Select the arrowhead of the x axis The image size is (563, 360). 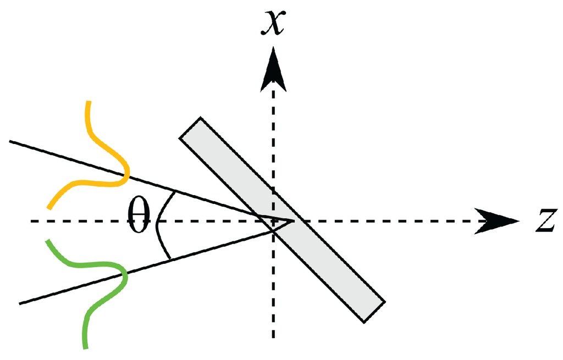(x=273, y=69)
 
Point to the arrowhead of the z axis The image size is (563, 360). (x=497, y=221)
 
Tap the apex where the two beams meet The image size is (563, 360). (x=292, y=221)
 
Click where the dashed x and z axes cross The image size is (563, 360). (x=273, y=221)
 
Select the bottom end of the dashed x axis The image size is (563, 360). (x=273, y=336)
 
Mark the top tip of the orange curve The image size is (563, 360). (x=87, y=103)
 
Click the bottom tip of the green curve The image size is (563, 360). (x=85, y=347)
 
